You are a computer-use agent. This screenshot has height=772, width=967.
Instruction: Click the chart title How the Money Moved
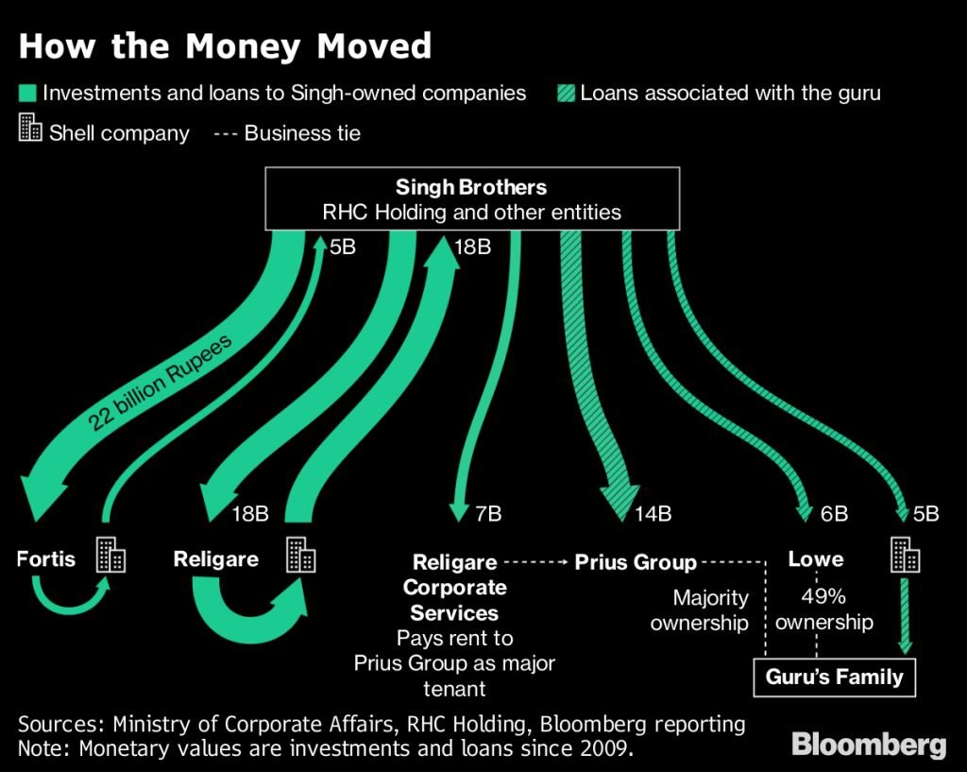(225, 46)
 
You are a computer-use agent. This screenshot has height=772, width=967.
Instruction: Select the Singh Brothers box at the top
(472, 198)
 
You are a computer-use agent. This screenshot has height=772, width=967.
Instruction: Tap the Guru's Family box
(834, 678)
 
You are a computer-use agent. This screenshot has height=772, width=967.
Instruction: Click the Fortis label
(46, 558)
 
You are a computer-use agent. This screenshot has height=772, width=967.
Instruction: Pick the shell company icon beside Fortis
(111, 556)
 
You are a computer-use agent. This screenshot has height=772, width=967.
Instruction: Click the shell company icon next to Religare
(300, 556)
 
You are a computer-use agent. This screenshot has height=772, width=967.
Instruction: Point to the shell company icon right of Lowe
(905, 556)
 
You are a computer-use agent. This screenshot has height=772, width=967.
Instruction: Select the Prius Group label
(636, 563)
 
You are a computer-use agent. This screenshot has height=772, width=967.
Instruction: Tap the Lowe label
(815, 559)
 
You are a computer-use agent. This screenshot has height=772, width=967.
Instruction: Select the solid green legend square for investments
(26, 94)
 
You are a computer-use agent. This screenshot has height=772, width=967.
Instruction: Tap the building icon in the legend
(29, 129)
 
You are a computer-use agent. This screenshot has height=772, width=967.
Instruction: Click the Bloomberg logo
(868, 744)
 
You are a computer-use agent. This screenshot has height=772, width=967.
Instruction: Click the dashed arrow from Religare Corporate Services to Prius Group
(535, 563)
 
